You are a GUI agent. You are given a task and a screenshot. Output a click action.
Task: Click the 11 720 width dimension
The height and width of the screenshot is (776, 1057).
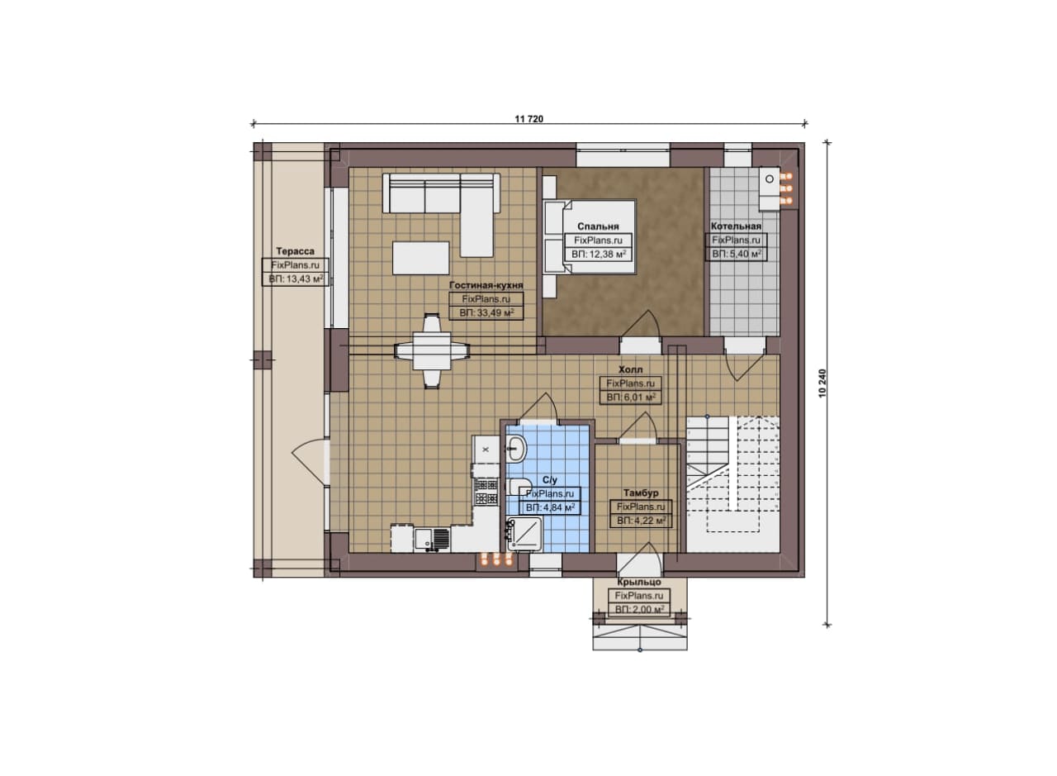[x=528, y=119]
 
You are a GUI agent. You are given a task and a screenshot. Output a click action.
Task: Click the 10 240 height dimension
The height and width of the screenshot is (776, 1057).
[x=823, y=383]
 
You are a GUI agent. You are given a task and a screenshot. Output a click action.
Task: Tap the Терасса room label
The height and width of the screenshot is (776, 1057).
[x=296, y=251]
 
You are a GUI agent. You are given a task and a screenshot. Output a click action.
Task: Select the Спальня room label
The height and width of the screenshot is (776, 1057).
[x=598, y=226]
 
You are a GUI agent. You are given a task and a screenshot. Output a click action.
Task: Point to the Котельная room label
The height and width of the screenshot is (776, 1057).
[x=736, y=226]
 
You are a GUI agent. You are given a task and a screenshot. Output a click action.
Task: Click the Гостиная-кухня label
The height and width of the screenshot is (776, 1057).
[x=486, y=285]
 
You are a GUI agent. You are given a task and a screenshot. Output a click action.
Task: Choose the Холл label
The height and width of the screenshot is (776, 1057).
[x=630, y=369]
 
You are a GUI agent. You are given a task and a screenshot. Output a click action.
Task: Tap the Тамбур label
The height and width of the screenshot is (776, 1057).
[x=641, y=493]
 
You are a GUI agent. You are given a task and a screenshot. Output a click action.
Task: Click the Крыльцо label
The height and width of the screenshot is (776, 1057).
[x=639, y=582]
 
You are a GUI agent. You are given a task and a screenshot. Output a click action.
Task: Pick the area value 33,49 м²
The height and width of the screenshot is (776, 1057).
[x=486, y=312]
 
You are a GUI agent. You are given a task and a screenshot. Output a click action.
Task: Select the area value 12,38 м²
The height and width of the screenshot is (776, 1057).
[x=599, y=254]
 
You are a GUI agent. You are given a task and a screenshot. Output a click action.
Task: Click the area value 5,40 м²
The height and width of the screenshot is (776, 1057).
[x=737, y=254]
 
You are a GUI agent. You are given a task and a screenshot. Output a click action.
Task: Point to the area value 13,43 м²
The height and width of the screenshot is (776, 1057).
[x=296, y=279]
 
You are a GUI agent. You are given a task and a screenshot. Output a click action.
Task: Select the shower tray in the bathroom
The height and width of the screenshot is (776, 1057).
[x=524, y=534]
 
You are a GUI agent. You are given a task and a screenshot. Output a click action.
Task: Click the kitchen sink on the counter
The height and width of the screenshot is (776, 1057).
[x=432, y=540]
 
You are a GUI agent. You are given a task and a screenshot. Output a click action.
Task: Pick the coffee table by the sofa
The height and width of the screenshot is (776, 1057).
[x=421, y=258]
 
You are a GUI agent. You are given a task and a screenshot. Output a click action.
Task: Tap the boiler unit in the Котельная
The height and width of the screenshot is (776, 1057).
[x=769, y=188]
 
